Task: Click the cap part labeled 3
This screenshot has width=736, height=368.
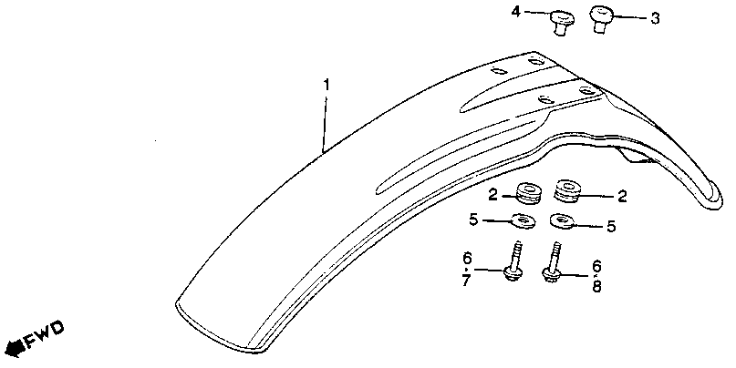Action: (x=600, y=17)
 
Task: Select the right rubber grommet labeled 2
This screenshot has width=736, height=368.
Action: (x=565, y=192)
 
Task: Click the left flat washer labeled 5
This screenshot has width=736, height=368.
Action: (x=524, y=220)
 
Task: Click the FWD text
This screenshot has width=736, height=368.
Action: (x=43, y=341)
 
